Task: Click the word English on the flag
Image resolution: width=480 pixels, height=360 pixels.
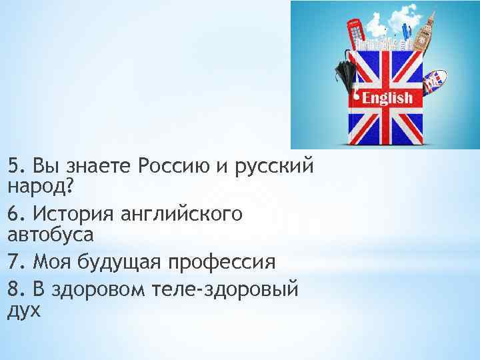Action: coord(387,98)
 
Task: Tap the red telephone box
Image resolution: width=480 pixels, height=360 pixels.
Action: coord(354,34)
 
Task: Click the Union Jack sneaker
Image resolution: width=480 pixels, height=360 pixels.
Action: coord(434,80)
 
